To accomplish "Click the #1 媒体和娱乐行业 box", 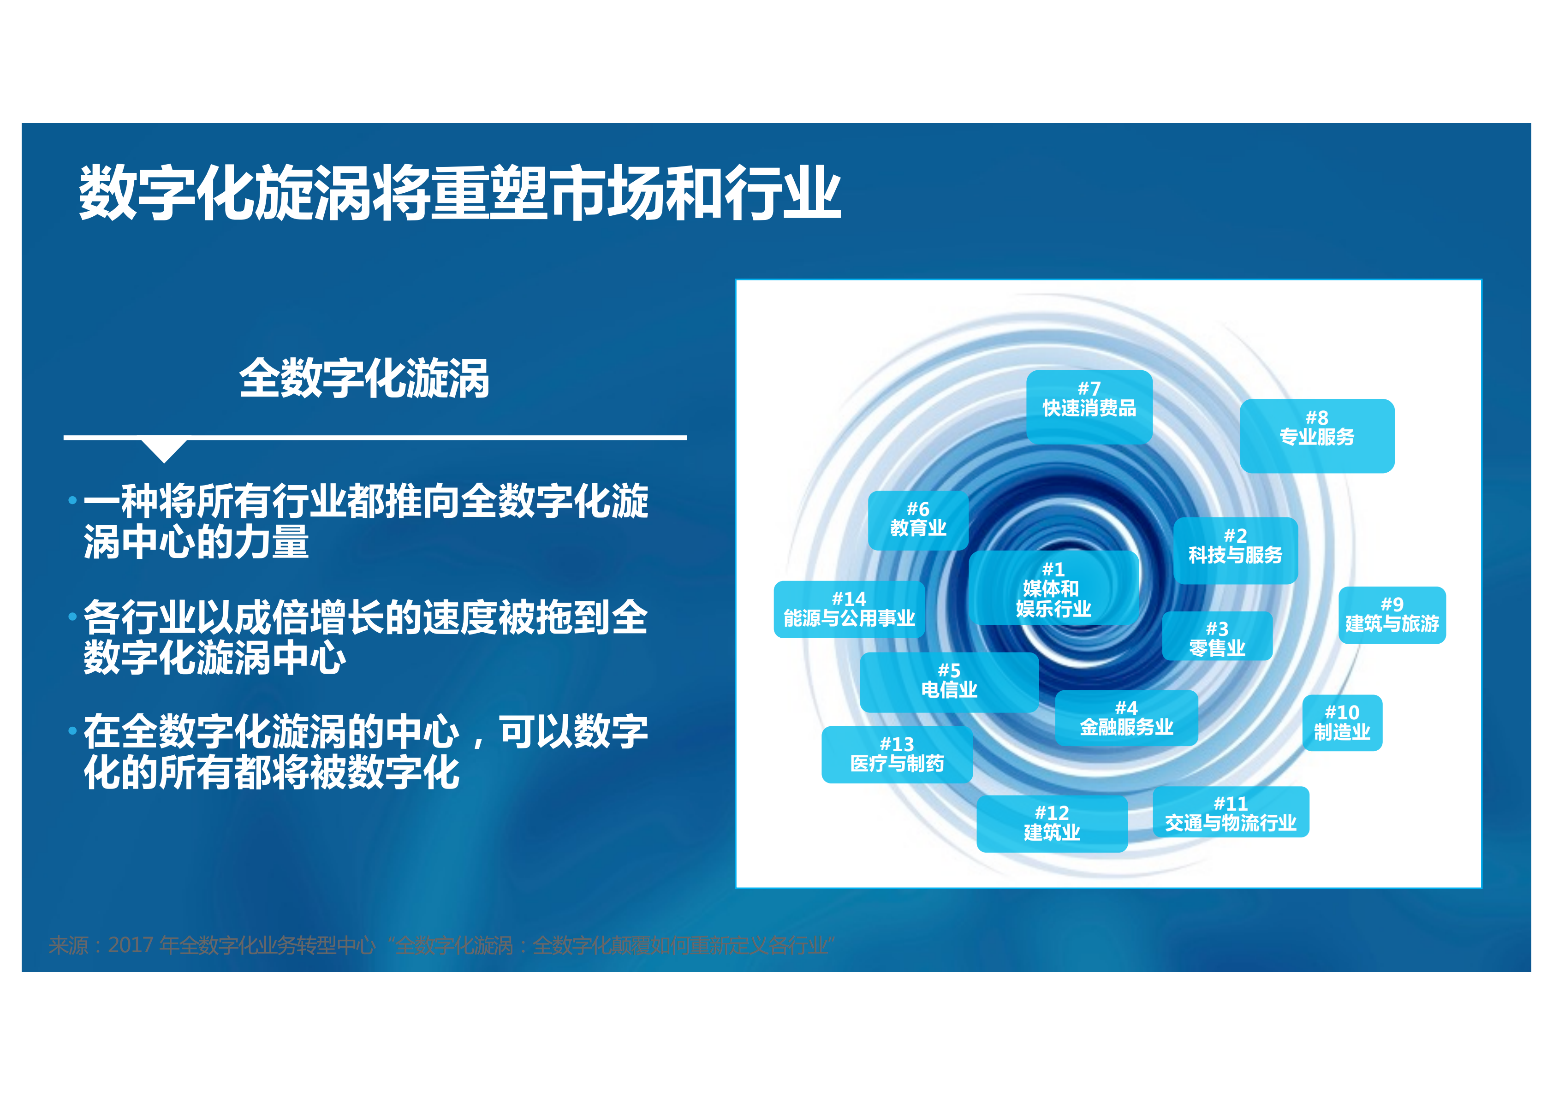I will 1053,588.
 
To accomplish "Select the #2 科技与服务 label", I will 1235,550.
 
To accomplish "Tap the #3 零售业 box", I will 1217,637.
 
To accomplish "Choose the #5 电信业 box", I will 949,682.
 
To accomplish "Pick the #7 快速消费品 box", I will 1089,406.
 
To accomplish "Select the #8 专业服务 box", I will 1316,435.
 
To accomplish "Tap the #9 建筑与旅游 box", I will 1392,615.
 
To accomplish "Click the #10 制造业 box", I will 1342,722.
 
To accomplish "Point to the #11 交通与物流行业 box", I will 1230,812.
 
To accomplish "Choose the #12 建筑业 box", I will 1052,823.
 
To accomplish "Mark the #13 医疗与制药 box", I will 897,754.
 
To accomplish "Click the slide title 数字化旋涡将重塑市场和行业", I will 459,193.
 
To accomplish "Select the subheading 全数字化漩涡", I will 364,379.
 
